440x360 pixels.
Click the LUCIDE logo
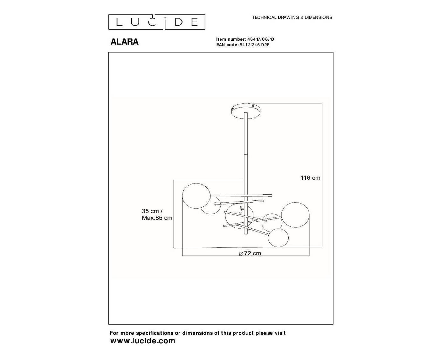[157, 22]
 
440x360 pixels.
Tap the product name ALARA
[124, 42]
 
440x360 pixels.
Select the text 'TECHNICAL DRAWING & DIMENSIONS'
[292, 17]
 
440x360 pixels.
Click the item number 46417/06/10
[261, 39]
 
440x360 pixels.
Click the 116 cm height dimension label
[310, 178]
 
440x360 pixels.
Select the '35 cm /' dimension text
[152, 211]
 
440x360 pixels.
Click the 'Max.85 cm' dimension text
[157, 218]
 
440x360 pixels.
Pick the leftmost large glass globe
[196, 197]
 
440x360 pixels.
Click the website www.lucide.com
[142, 341]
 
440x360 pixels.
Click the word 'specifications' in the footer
[155, 333]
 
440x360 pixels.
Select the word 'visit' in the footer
[280, 333]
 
